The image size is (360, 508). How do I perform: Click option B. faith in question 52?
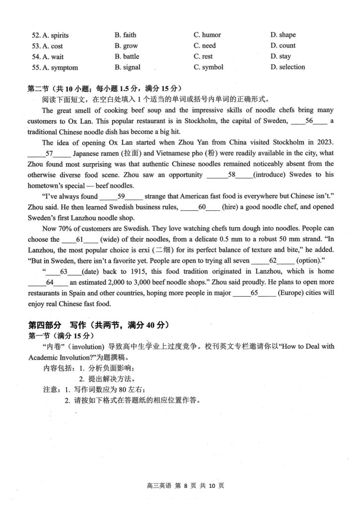click(125, 35)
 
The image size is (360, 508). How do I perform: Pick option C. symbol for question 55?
click(209, 67)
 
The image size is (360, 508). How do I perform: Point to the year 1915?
click(130, 271)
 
